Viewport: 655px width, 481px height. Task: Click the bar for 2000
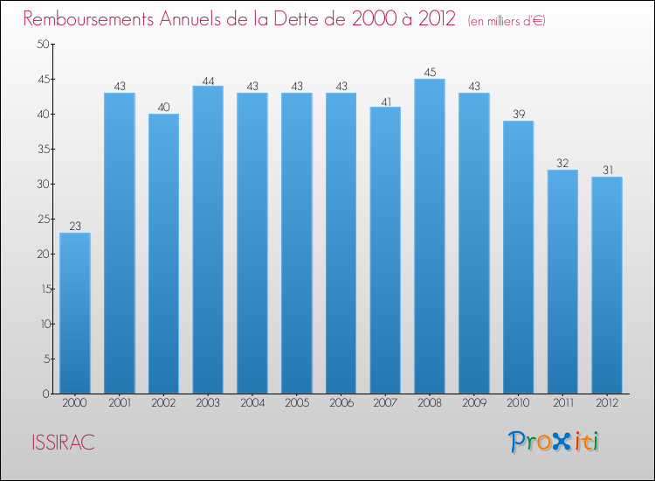coord(75,313)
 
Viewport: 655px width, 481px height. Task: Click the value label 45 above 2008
coord(430,73)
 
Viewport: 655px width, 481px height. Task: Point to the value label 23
coord(75,227)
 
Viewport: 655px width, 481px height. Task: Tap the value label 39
coord(518,115)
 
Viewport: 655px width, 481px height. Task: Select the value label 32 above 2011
coord(562,164)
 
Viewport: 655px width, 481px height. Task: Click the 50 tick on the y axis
coord(42,45)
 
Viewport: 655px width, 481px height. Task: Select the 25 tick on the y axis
coord(42,220)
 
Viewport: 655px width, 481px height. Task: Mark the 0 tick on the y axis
coord(45,394)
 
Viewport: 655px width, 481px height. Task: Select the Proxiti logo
coord(555,442)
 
